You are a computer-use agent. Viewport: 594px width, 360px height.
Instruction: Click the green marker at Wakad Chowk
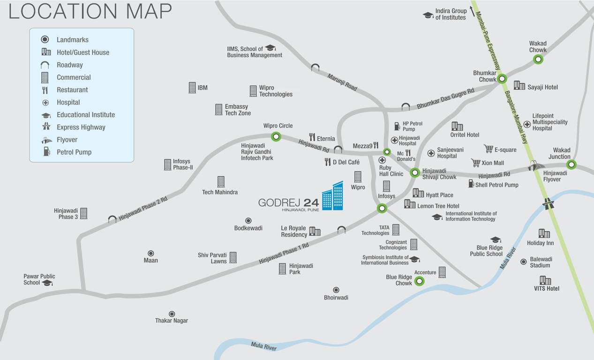[x=538, y=59]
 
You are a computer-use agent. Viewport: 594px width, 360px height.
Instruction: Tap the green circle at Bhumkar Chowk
[x=502, y=79]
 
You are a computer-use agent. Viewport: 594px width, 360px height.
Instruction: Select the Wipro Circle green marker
[x=277, y=137]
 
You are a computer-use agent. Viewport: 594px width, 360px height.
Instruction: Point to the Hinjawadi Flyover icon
[x=536, y=165]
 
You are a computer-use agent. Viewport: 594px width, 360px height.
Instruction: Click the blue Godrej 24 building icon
[x=332, y=196]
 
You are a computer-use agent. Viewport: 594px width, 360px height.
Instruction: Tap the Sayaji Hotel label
[x=542, y=87]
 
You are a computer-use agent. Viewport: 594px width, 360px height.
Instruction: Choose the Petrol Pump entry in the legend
[x=74, y=152]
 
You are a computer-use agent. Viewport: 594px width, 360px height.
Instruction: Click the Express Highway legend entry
[x=81, y=127]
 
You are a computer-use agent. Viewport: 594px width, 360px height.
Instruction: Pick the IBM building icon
[x=192, y=88]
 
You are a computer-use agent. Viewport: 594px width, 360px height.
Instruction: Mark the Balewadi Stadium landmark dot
[x=523, y=262]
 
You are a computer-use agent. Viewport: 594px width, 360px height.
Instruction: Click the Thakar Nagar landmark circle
[x=172, y=314]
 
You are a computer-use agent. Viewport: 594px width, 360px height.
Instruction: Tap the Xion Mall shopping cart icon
[x=476, y=163]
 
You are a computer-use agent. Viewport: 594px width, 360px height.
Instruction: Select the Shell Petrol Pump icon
[x=471, y=183]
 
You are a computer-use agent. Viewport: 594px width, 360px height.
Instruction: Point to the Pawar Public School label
[x=39, y=279]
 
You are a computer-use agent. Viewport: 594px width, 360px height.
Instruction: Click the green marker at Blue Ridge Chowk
[x=420, y=281]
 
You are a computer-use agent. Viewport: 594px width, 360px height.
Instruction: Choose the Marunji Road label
[x=342, y=82]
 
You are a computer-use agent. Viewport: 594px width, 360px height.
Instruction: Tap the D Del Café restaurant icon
[x=328, y=162]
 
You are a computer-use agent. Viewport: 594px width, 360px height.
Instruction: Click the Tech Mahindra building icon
[x=221, y=181]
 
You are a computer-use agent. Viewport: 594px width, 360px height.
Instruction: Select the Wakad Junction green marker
[x=571, y=165]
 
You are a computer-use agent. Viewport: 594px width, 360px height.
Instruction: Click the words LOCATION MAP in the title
[x=90, y=11]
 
